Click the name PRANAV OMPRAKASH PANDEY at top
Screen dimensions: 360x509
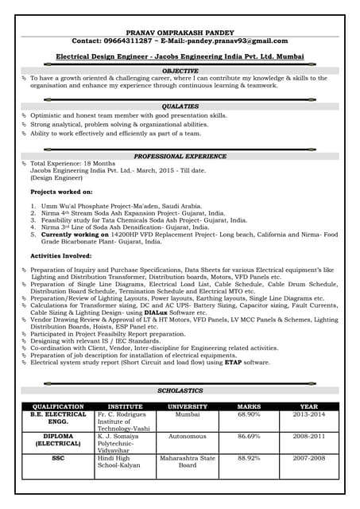(x=180, y=29)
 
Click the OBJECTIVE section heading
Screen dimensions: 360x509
(x=180, y=71)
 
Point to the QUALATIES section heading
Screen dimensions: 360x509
(x=180, y=106)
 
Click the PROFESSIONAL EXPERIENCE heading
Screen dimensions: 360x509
(x=180, y=157)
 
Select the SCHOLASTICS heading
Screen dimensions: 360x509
(x=180, y=391)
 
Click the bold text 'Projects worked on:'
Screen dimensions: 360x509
(x=61, y=192)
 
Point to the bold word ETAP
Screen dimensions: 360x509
(x=232, y=363)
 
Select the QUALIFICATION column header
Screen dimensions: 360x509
(x=58, y=406)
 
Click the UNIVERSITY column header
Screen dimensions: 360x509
(x=187, y=406)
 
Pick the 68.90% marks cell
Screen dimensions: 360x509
(x=249, y=414)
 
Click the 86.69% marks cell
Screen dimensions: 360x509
(x=249, y=437)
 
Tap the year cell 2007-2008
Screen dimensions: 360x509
(x=308, y=459)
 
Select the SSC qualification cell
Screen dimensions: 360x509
(x=58, y=459)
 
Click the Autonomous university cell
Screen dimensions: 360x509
(x=187, y=437)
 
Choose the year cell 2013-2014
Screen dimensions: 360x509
(x=308, y=414)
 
